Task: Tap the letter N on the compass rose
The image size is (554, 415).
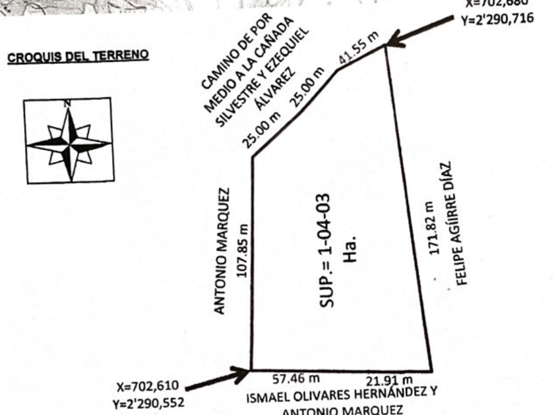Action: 67,103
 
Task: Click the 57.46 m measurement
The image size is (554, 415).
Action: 296,379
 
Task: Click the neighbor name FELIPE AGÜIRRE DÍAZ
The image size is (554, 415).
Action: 458,223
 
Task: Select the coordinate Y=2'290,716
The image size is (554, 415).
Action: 499,19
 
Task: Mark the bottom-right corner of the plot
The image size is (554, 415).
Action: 431,370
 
